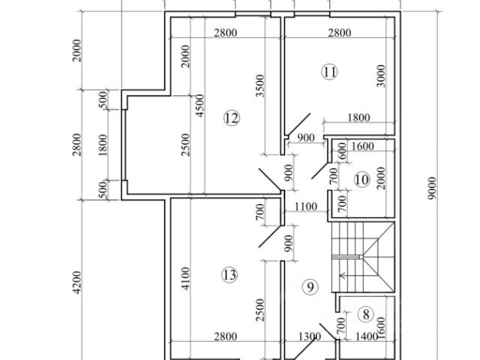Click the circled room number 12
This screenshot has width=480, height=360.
click(x=230, y=118)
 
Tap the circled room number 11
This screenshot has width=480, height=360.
click(x=329, y=72)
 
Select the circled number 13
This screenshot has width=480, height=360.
click(x=229, y=274)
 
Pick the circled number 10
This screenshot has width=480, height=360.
click(x=361, y=180)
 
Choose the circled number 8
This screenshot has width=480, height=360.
click(x=366, y=315)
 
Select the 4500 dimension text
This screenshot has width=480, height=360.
click(x=198, y=108)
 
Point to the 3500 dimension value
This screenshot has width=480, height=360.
click(x=259, y=88)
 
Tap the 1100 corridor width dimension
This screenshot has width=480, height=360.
click(x=305, y=206)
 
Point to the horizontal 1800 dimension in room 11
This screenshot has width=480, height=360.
click(x=358, y=117)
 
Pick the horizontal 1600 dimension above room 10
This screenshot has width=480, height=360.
click(x=362, y=147)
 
